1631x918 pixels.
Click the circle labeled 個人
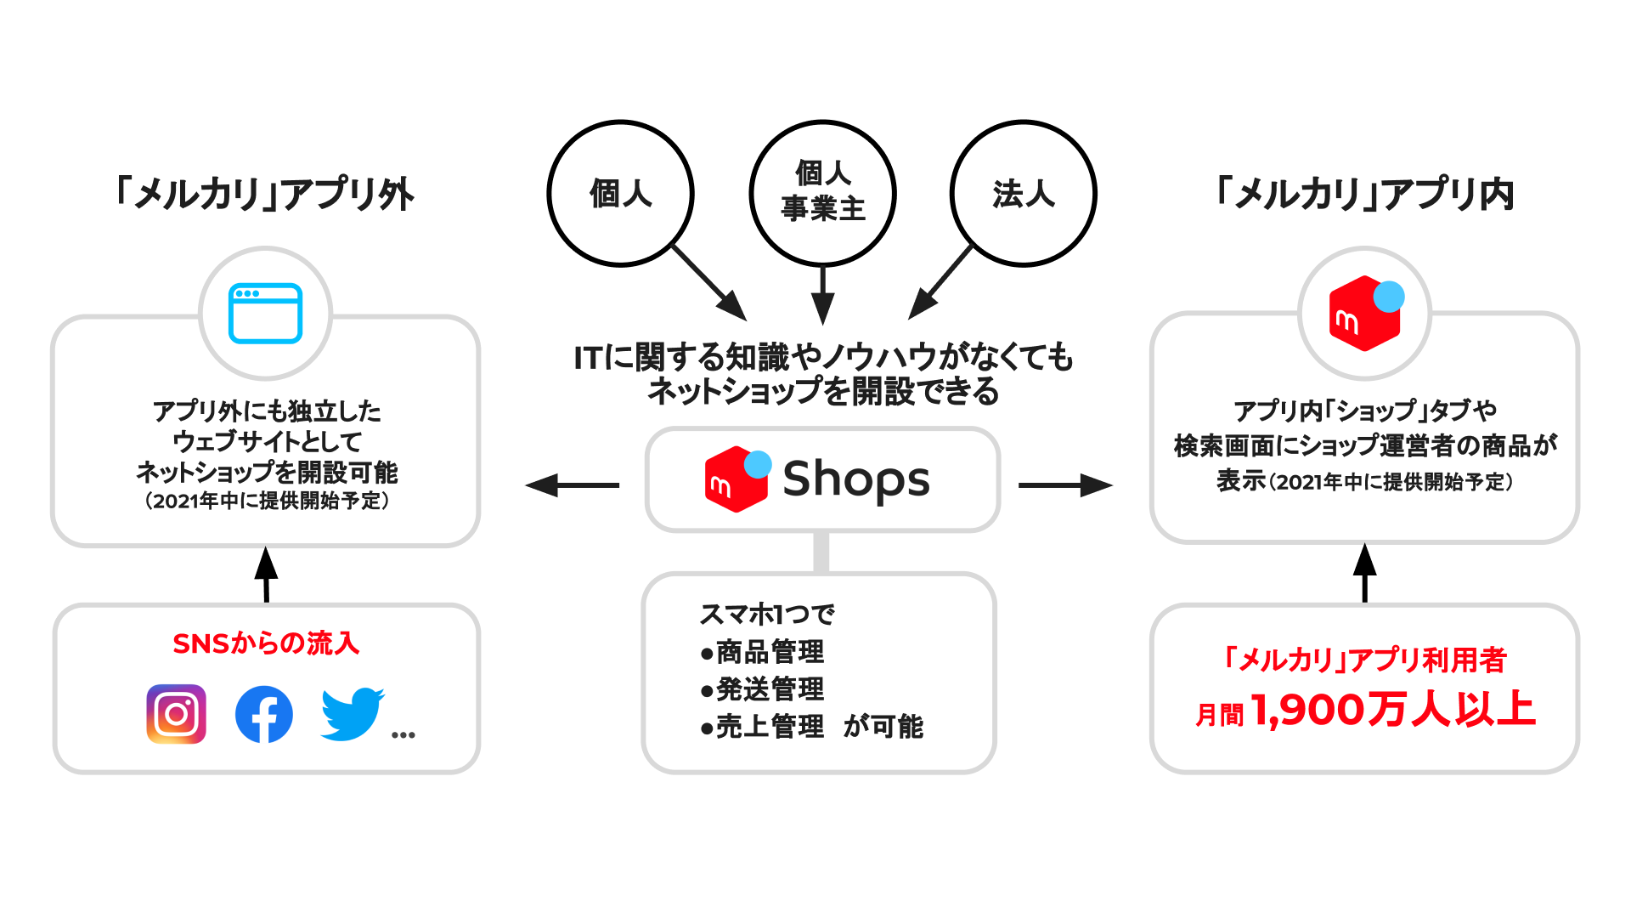[x=620, y=194]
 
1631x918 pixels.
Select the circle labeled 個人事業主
[x=822, y=194]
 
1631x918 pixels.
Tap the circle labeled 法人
[x=1023, y=194]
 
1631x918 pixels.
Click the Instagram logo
[x=177, y=714]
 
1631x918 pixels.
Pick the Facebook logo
[x=264, y=714]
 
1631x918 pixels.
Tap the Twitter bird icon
[x=352, y=714]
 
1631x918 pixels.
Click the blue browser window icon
[x=266, y=313]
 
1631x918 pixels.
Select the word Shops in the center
[x=855, y=479]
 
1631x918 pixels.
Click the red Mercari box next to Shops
[x=736, y=479]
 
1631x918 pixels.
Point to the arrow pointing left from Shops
[x=572, y=485]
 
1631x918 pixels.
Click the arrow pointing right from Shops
[x=1066, y=485]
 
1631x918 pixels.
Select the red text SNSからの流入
[x=266, y=643]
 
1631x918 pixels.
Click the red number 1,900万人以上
[x=1393, y=710]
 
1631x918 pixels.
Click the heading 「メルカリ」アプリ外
[x=264, y=194]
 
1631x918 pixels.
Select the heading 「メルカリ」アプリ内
[x=1364, y=194]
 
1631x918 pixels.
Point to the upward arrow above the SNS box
[x=266, y=575]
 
